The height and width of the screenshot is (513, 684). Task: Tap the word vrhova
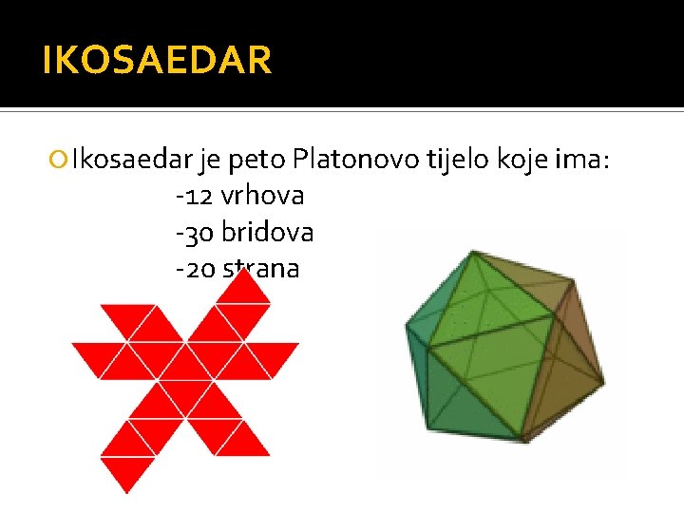pos(262,197)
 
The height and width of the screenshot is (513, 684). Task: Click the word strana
pos(262,269)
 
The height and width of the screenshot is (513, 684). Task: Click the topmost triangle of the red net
pos(243,290)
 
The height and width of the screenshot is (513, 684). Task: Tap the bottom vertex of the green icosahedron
pos(520,440)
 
